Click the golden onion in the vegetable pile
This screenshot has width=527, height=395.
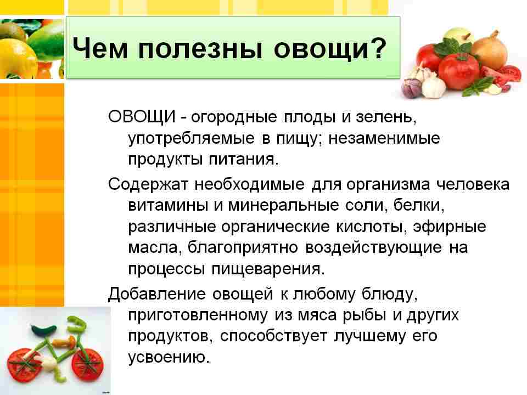pos(488,49)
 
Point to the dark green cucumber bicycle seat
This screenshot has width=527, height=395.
pos(43,330)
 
